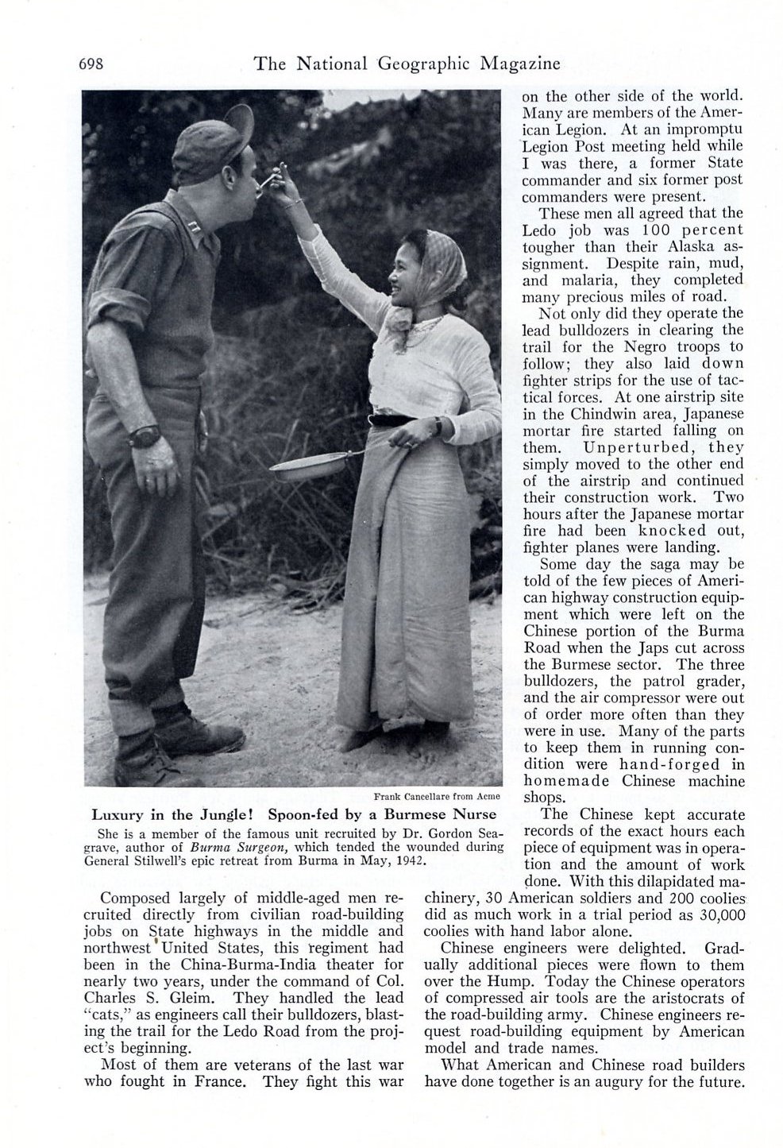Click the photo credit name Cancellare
(x=428, y=796)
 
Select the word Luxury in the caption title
(x=118, y=814)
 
